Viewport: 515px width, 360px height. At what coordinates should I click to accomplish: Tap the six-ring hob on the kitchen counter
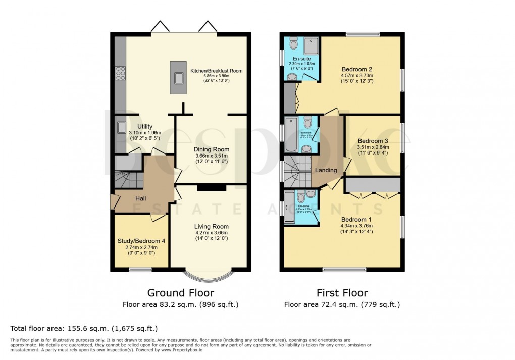pyautogui.click(x=121, y=74)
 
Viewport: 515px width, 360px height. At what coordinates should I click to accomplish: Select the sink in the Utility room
pyautogui.click(x=121, y=128)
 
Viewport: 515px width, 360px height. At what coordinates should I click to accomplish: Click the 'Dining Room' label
pyautogui.click(x=212, y=149)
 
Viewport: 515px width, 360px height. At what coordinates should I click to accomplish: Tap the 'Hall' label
pyautogui.click(x=140, y=199)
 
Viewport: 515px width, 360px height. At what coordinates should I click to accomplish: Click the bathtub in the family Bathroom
pyautogui.click(x=291, y=135)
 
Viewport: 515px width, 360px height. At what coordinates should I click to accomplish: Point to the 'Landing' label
pyautogui.click(x=326, y=170)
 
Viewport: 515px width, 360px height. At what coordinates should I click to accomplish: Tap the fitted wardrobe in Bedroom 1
pyautogui.click(x=373, y=185)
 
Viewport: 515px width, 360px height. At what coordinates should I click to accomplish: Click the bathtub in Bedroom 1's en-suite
pyautogui.click(x=289, y=207)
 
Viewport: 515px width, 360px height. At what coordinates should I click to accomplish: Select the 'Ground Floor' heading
pyautogui.click(x=180, y=293)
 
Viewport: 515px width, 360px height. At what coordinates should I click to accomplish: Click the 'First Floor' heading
pyautogui.click(x=342, y=293)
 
